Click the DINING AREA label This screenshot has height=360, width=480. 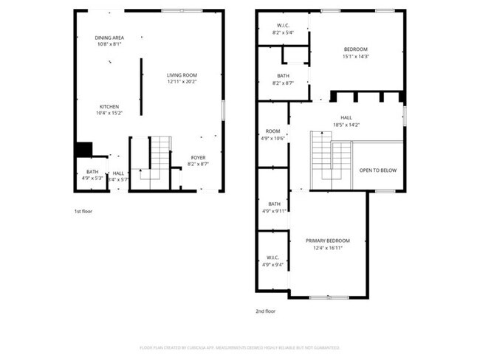pyautogui.click(x=108, y=38)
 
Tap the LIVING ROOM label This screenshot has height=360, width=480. pyautogui.click(x=182, y=75)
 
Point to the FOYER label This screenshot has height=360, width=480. pyautogui.click(x=198, y=157)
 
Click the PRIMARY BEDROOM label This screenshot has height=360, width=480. pyautogui.click(x=328, y=240)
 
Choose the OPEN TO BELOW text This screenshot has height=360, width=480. pyautogui.click(x=378, y=170)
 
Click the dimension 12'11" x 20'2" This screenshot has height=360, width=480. pyautogui.click(x=182, y=82)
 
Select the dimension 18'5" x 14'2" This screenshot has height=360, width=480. pyautogui.click(x=346, y=125)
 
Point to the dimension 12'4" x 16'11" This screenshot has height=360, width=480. pyautogui.click(x=328, y=248)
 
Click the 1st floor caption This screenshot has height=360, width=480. pyautogui.click(x=83, y=211)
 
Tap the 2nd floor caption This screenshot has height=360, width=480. pyautogui.click(x=266, y=311)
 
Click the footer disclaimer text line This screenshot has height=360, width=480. pyautogui.click(x=239, y=347)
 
